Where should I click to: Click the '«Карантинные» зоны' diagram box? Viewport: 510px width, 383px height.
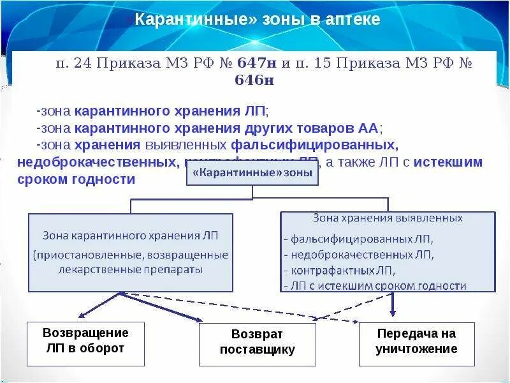[x=252, y=172]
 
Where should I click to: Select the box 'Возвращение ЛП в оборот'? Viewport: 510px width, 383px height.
[x=85, y=340]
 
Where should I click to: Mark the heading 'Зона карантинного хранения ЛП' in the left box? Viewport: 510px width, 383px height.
[x=130, y=236]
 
